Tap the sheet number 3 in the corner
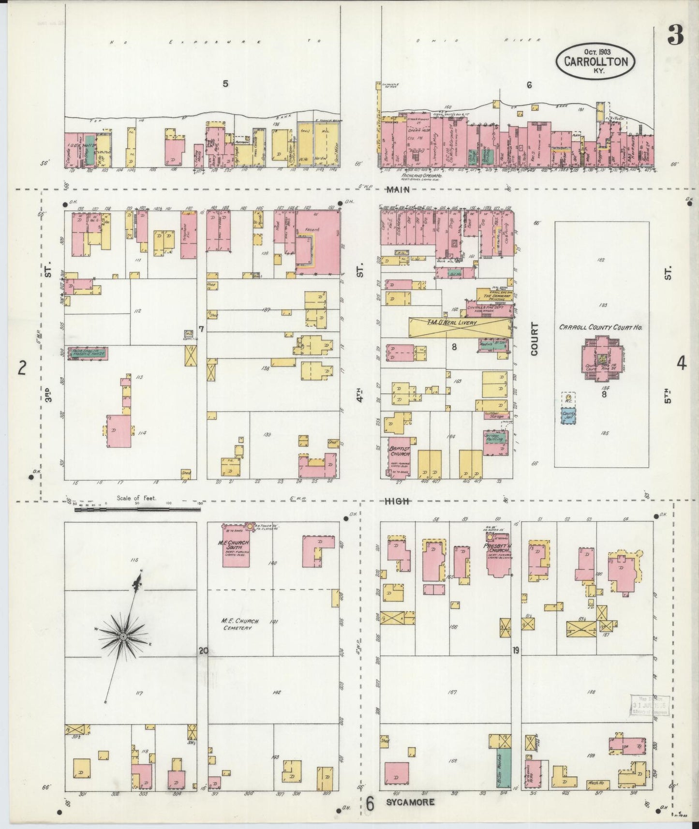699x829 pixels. click(x=675, y=35)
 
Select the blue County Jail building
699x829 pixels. click(x=568, y=416)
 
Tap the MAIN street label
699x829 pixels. click(x=398, y=190)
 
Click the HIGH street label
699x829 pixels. click(x=397, y=502)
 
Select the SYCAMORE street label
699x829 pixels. click(x=410, y=802)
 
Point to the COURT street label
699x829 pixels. click(x=535, y=339)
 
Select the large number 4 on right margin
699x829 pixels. click(x=681, y=363)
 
